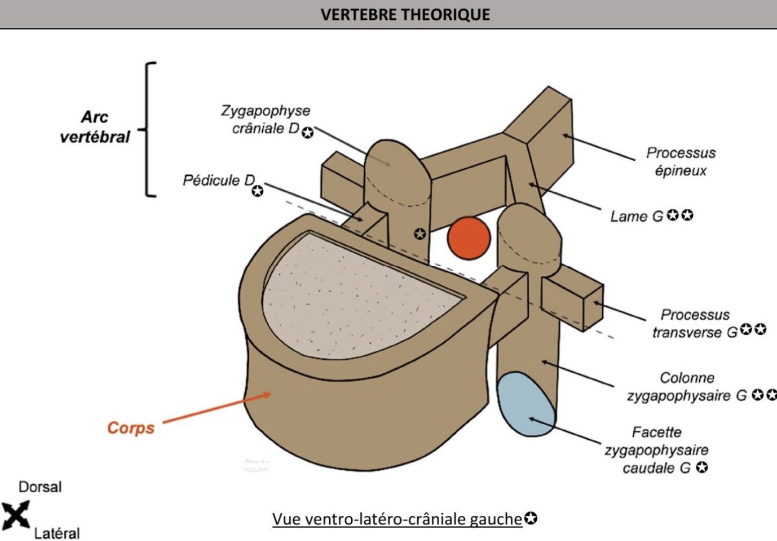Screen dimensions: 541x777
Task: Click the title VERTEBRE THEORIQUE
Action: [x=405, y=14]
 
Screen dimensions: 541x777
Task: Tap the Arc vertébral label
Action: [x=94, y=127]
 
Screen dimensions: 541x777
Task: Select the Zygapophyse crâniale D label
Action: [x=265, y=119]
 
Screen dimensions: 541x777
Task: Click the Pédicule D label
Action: [x=219, y=181]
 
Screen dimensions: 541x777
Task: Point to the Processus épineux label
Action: [x=680, y=162]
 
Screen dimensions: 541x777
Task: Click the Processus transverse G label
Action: [x=695, y=324]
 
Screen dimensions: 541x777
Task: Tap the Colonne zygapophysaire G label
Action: [x=687, y=387]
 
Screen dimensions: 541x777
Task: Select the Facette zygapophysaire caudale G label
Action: [x=656, y=450]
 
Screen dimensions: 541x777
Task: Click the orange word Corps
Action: [x=131, y=428]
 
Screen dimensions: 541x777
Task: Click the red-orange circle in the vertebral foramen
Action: [x=469, y=238]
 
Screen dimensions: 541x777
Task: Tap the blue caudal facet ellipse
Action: [x=525, y=404]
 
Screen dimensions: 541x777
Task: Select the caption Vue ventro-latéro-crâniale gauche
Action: [x=397, y=519]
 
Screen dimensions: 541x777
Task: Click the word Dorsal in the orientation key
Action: [x=40, y=487]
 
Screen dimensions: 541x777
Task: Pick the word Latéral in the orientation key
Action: [x=57, y=534]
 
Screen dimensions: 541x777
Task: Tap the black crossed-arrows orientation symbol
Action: [x=16, y=515]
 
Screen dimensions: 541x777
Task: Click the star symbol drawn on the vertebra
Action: [x=420, y=234]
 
